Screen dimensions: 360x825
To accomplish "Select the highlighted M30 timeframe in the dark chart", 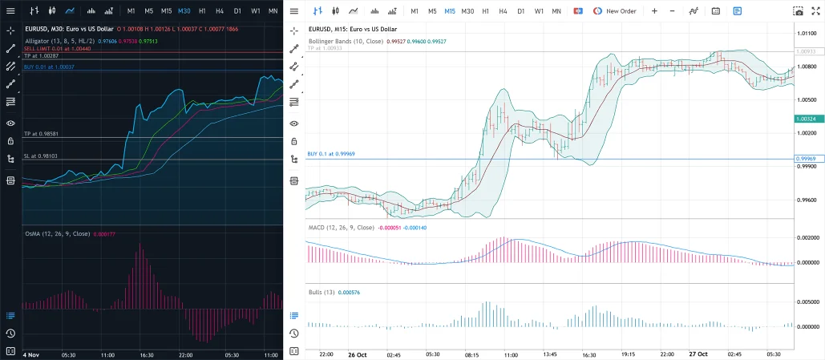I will [x=184, y=11].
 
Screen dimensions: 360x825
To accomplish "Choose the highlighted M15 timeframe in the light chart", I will [x=450, y=11].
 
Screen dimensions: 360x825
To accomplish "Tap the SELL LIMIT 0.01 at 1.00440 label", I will [x=57, y=49].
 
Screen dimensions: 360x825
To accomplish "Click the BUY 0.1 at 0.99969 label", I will [x=330, y=154].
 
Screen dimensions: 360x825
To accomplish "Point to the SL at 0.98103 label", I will [x=40, y=156].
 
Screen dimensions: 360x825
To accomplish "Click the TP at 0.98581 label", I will [x=41, y=133].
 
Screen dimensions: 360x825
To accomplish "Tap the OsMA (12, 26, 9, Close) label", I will [x=57, y=234].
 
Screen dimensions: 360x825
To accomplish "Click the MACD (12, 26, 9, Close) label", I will [x=342, y=228].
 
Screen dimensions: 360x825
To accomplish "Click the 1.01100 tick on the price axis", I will [x=807, y=34].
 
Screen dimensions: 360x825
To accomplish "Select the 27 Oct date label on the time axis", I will [x=698, y=354].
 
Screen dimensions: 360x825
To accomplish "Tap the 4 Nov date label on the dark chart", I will [x=31, y=354].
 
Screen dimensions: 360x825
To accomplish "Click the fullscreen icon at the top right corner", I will [x=816, y=11].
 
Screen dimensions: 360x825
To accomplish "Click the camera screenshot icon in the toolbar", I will [x=799, y=11].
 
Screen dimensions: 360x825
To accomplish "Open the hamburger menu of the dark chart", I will [x=10, y=11].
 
